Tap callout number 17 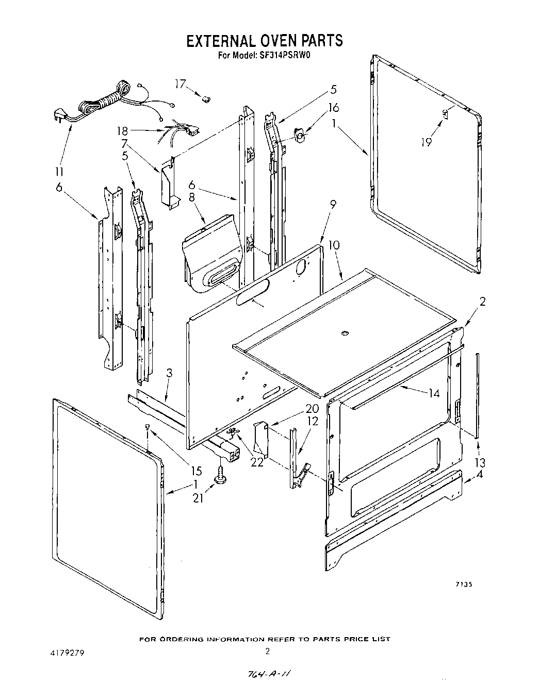180,84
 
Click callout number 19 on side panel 426,141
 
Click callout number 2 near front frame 482,302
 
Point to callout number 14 434,393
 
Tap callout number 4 480,474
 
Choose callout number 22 257,462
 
